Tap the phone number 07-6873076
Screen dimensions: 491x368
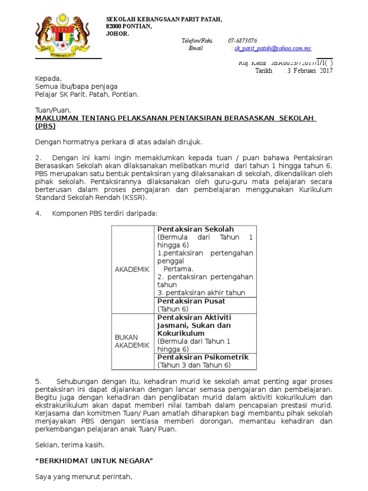point(242,41)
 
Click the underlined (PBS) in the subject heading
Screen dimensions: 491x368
point(46,126)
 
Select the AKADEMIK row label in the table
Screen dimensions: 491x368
point(132,269)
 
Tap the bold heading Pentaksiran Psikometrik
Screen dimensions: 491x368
point(203,357)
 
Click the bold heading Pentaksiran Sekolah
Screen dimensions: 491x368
point(195,229)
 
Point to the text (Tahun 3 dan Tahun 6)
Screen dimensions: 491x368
point(194,365)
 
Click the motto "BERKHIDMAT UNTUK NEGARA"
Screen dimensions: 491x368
point(94,461)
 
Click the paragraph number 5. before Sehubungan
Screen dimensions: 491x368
point(38,381)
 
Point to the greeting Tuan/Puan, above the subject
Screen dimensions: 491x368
point(53,110)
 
